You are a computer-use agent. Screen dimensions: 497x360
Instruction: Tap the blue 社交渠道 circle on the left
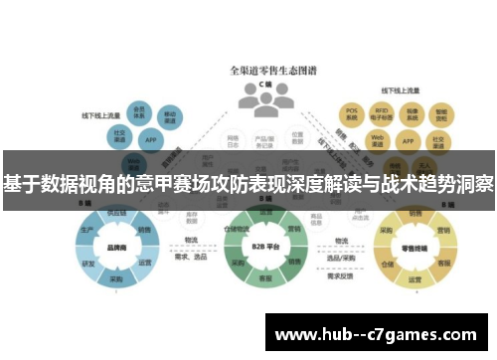tap(118, 133)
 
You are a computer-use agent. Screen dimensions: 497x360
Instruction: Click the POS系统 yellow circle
tap(350, 111)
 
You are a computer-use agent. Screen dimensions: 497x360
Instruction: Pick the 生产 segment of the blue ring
tap(87, 229)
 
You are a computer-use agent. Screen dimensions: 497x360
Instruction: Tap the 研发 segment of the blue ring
tap(88, 264)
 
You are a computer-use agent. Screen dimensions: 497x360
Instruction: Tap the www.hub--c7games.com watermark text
tap(377, 332)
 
